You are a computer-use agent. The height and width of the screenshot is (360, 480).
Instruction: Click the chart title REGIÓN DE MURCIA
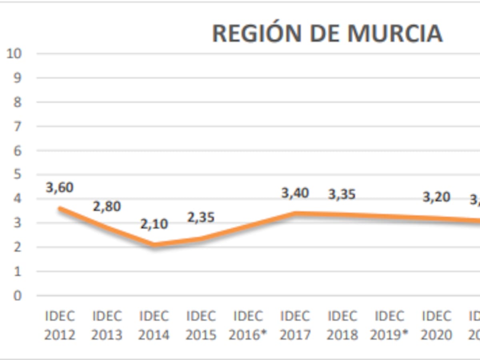tap(327, 33)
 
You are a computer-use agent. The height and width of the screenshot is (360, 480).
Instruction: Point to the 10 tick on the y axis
tap(14, 53)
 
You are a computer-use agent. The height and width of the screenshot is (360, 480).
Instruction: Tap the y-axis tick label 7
tap(17, 126)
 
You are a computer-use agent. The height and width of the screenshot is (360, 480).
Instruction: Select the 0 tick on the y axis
tap(17, 296)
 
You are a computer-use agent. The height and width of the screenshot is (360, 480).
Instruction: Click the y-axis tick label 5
tap(17, 175)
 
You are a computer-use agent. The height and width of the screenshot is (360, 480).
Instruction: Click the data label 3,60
tap(60, 187)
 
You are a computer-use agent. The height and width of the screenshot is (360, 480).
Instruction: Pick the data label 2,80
tap(107, 207)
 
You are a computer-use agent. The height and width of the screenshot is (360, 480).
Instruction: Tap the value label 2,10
tap(154, 224)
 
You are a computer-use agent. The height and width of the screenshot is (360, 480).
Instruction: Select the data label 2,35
tap(201, 218)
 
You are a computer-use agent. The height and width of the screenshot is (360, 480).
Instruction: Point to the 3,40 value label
tap(295, 193)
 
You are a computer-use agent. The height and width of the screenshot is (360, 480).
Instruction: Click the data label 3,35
tap(342, 195)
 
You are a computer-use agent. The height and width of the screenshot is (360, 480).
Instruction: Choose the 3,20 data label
tap(436, 197)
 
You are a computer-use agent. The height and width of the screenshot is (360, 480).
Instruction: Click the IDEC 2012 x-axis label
tap(60, 325)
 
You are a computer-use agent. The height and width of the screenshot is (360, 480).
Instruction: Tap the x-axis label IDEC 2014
tap(154, 325)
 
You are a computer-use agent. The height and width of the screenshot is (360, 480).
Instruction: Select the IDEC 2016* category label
tap(248, 325)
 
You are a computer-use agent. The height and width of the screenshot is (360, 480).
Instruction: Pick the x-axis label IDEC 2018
tap(342, 325)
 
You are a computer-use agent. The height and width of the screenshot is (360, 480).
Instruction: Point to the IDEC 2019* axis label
tap(389, 325)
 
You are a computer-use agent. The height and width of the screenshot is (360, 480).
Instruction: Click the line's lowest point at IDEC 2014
tap(154, 244)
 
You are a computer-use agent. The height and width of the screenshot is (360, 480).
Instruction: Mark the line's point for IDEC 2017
tap(295, 213)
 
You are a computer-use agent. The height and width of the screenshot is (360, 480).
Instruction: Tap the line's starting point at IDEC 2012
tap(60, 208)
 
